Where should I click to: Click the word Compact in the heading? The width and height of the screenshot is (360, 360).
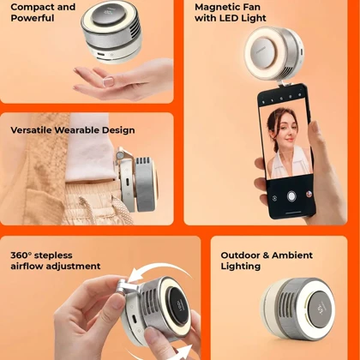click(x=33, y=7)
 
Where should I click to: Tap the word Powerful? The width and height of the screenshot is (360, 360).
click(x=33, y=18)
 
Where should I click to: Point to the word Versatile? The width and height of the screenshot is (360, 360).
click(x=31, y=130)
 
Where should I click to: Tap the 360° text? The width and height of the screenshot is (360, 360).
click(x=21, y=255)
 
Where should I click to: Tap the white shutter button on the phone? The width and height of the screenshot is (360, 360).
click(x=291, y=196)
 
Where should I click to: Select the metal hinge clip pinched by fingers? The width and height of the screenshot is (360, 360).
click(x=125, y=286)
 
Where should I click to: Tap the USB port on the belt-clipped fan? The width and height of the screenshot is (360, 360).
click(x=127, y=182)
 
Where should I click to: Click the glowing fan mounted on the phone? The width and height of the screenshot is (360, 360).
click(x=273, y=53)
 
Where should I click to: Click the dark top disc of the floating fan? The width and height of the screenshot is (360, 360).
click(x=110, y=14)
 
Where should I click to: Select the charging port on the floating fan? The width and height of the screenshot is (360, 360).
click(x=101, y=55)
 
